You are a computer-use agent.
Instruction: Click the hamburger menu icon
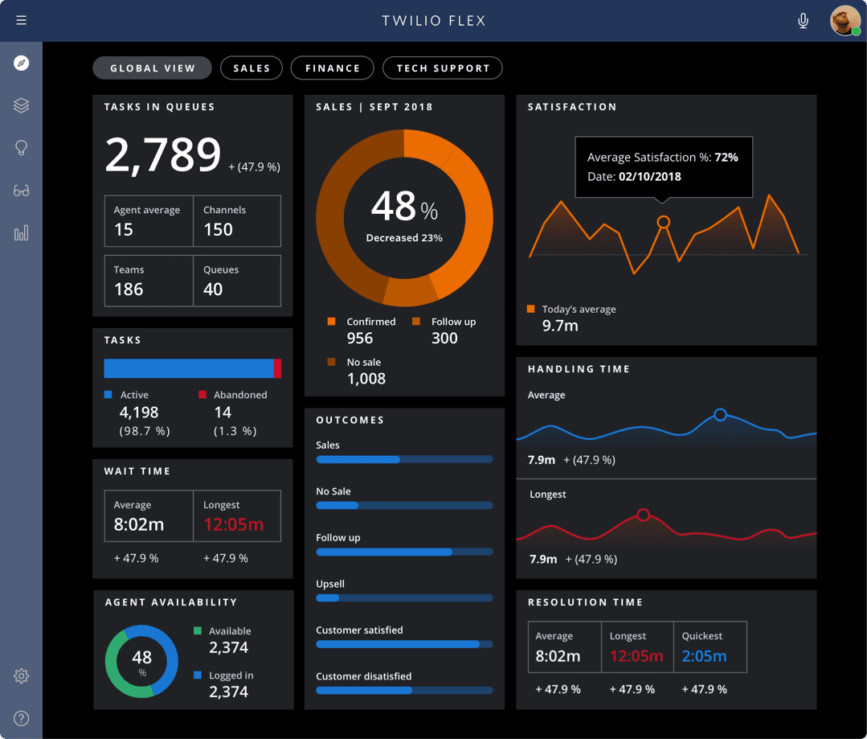[21, 20]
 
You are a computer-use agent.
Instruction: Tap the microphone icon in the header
[803, 21]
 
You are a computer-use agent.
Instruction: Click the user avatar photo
[845, 21]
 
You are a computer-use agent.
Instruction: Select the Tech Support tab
[443, 68]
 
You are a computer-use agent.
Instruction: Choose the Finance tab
[332, 68]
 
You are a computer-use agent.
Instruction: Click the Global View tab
[152, 68]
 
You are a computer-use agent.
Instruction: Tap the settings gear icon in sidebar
[22, 676]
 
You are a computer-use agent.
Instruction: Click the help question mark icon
[22, 718]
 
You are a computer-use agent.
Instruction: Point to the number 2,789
[163, 155]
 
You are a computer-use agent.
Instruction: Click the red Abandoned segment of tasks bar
[277, 368]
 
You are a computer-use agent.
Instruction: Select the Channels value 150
[218, 230]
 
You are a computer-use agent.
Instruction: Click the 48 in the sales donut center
[394, 207]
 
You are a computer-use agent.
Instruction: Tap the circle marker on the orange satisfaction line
[663, 222]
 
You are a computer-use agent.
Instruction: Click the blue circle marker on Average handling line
[720, 415]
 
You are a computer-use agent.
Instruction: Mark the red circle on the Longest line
[643, 515]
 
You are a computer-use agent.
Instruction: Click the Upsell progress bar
[404, 598]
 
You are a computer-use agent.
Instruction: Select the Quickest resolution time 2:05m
[704, 656]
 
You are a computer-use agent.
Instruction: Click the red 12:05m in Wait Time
[233, 525]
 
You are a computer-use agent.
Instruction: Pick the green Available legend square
[198, 631]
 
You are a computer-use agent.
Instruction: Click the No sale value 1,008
[366, 379]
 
